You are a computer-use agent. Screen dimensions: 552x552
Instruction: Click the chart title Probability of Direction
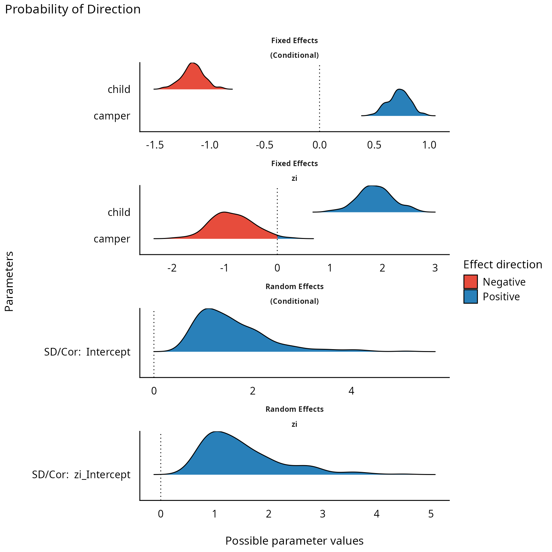73,9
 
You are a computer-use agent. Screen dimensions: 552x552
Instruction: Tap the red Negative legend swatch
470,282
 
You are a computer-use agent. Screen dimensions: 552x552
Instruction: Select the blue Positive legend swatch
470,296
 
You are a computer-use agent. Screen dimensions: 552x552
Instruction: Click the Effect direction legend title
502,264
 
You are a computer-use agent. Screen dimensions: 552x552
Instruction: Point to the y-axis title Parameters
9,281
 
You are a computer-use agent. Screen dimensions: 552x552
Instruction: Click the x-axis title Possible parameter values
294,540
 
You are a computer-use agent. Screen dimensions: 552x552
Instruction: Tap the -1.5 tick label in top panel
155,145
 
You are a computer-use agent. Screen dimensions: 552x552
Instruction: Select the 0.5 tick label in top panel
374,145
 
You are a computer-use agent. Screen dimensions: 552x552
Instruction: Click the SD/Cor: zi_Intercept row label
81,474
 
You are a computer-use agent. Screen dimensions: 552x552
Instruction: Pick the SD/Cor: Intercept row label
87,352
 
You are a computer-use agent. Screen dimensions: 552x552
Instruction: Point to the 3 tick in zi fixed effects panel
435,268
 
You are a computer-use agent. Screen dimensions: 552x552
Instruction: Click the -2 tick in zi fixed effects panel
172,268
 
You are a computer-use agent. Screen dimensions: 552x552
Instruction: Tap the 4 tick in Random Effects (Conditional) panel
351,391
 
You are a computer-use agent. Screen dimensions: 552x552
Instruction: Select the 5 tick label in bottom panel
431,514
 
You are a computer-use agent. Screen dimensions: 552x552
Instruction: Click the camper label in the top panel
112,116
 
